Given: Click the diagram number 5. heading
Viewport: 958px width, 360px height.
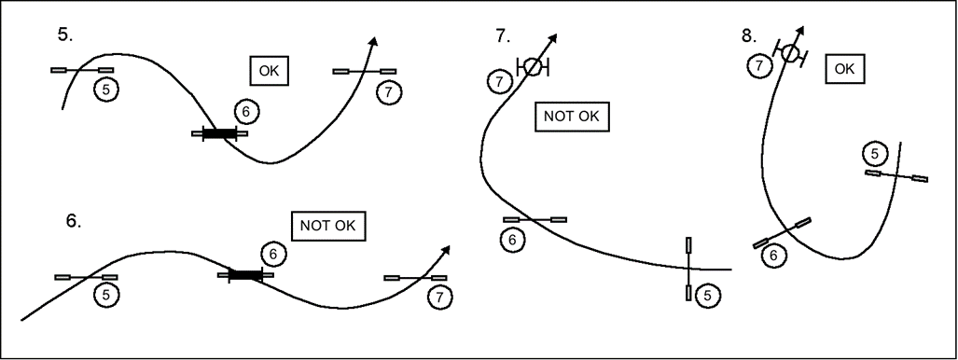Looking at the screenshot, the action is tap(65, 35).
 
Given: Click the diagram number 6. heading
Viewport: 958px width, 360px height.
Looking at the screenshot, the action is tap(74, 221).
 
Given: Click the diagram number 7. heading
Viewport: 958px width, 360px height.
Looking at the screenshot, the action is tap(503, 36).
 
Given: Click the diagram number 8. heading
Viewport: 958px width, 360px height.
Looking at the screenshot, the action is tap(749, 36).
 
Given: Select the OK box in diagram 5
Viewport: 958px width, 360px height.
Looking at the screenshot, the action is tap(269, 71).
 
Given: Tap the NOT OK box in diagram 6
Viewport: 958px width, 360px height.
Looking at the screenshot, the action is tap(328, 226).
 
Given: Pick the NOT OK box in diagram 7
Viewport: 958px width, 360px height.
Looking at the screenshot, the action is tap(572, 117).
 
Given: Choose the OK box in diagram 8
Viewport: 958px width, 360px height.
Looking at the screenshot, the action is tap(845, 69).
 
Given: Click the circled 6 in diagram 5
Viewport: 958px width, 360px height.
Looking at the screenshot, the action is tap(246, 112).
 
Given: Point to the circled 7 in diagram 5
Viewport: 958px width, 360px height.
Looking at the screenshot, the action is tap(389, 93).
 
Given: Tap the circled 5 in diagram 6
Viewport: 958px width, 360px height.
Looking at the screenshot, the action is tap(106, 296).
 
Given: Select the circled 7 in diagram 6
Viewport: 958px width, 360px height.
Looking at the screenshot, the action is tap(440, 298).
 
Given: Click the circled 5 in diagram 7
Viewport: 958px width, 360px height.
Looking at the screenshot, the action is tap(707, 297).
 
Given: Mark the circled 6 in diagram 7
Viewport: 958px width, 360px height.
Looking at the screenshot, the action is tap(512, 241).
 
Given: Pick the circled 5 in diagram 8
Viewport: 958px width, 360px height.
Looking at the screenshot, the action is tap(876, 154).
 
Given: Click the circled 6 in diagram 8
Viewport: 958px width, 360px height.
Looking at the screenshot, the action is tap(774, 256).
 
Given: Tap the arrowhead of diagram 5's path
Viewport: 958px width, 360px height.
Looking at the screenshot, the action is tap(374, 41).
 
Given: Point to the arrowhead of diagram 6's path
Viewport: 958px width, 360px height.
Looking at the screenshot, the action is tap(446, 249).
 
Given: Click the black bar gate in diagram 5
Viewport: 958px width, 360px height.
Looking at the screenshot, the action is tap(219, 133).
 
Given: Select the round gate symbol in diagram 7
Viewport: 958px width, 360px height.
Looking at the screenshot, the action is tap(533, 66).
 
